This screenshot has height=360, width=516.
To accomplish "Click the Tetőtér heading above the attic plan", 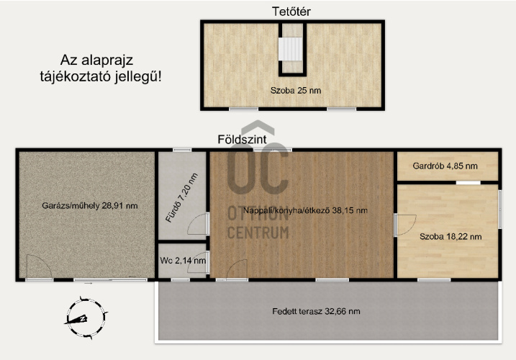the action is [x=291, y=12].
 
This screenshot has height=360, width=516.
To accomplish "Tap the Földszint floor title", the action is [x=242, y=140].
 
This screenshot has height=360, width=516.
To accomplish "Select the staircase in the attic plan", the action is [x=290, y=49].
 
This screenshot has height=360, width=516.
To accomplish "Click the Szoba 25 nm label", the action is [x=296, y=90].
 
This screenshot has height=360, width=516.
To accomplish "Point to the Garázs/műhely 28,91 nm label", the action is [x=89, y=206].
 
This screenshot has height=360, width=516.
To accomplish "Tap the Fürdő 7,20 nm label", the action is [x=181, y=197].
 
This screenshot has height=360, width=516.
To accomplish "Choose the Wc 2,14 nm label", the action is [x=183, y=261].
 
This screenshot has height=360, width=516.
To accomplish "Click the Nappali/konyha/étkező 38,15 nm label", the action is [x=305, y=210].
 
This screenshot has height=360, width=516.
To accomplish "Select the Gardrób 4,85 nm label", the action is [x=445, y=166].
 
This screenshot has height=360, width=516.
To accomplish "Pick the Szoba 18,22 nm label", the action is [x=451, y=236].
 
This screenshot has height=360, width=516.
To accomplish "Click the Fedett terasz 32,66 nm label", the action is [x=316, y=311].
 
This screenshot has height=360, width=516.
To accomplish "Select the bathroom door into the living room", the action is [x=198, y=224].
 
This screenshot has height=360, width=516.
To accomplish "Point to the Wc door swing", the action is [x=198, y=262].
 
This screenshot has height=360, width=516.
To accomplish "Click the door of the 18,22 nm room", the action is [x=405, y=225].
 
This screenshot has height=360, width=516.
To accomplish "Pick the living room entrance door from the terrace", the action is [x=237, y=269].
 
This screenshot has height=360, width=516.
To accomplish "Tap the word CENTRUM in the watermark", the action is [x=258, y=233].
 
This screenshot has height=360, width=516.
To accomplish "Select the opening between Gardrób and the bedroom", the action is [x=469, y=182].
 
